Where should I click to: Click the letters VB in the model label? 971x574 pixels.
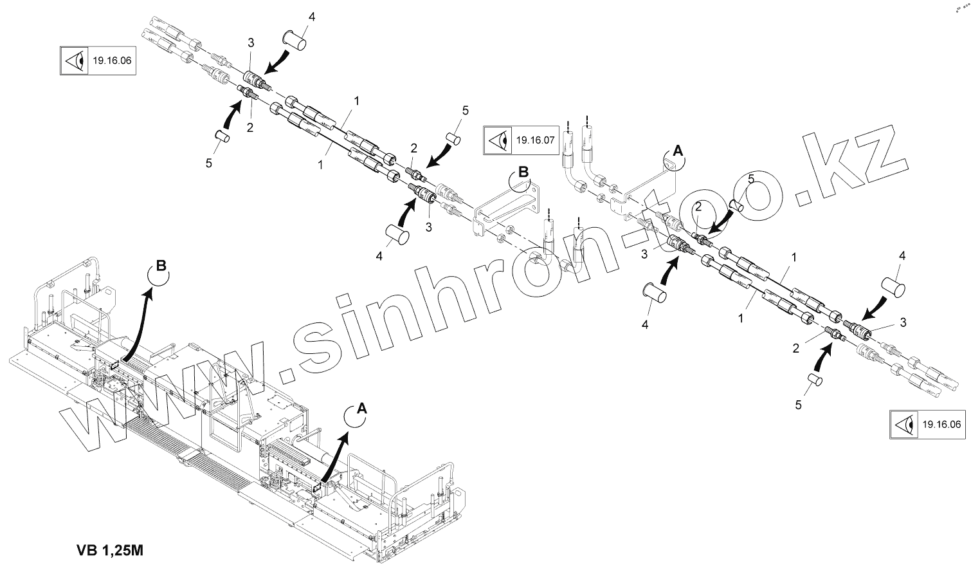pyautogui.click(x=87, y=551)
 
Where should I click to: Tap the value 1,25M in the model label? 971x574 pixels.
pyautogui.click(x=126, y=551)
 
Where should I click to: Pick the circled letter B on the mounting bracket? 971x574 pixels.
pyautogui.click(x=523, y=172)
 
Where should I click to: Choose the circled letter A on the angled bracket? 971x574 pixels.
pyautogui.click(x=676, y=151)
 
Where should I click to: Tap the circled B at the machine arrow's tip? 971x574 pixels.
pyautogui.click(x=161, y=266)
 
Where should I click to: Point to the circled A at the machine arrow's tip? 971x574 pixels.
pyautogui.click(x=361, y=408)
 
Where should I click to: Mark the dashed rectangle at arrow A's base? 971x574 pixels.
pyautogui.click(x=316, y=489)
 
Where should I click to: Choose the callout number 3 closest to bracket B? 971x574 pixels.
pyautogui.click(x=428, y=227)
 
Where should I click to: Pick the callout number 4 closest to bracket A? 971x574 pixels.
pyautogui.click(x=645, y=325)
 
